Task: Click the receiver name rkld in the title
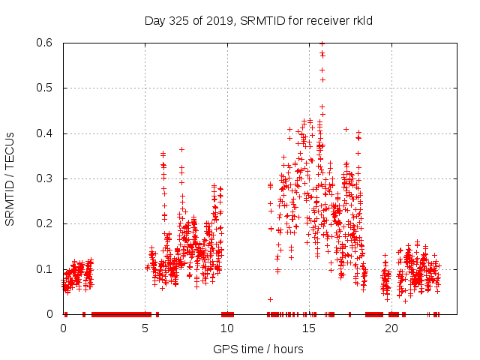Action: tap(360, 20)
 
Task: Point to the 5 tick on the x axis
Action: tap(145, 328)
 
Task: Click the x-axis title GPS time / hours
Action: tap(258, 349)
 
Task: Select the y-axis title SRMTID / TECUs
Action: tap(10, 178)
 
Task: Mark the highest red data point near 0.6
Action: tap(322, 43)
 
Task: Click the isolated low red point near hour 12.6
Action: tap(271, 299)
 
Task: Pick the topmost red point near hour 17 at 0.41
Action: tap(346, 129)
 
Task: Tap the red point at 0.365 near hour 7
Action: tap(181, 149)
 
